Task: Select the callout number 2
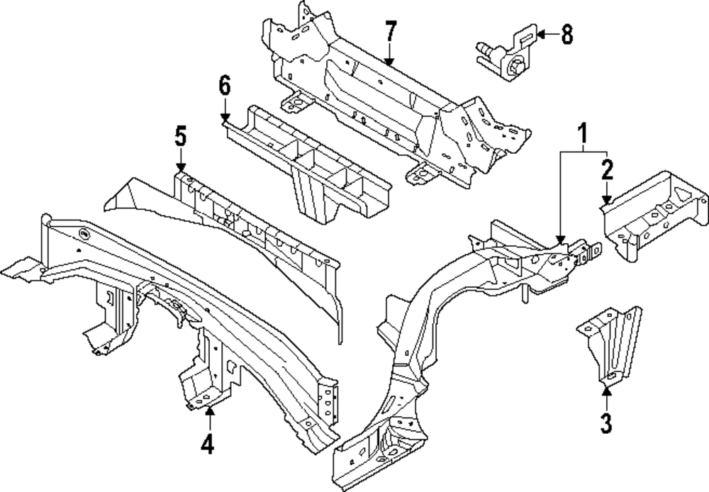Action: (608, 170)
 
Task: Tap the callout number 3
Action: (605, 424)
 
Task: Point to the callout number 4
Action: (207, 445)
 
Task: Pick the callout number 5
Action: (181, 135)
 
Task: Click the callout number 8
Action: (566, 34)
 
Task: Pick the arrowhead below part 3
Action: (605, 385)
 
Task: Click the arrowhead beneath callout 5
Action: (181, 166)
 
